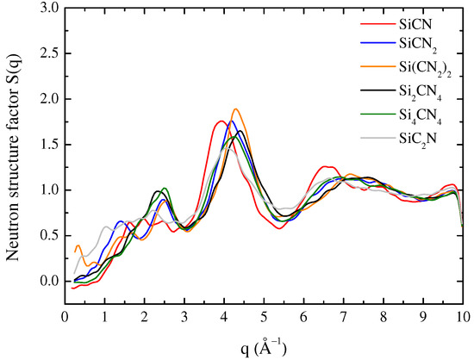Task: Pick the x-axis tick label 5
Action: point(264,316)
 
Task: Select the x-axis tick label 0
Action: point(65,316)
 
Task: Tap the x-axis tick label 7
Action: point(343,316)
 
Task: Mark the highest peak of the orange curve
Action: point(235,109)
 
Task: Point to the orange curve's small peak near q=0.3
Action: point(78,246)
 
